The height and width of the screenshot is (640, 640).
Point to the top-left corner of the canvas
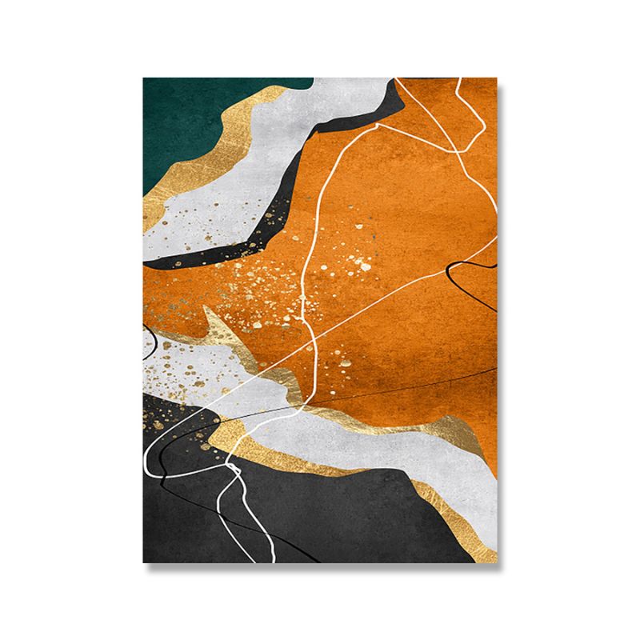[x=144, y=78]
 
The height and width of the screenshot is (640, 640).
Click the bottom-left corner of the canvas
[x=144, y=562]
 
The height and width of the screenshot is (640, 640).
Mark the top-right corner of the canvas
[x=497, y=78]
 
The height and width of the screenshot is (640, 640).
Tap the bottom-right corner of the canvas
[x=497, y=562]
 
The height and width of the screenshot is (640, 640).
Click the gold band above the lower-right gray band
[x=376, y=420]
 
